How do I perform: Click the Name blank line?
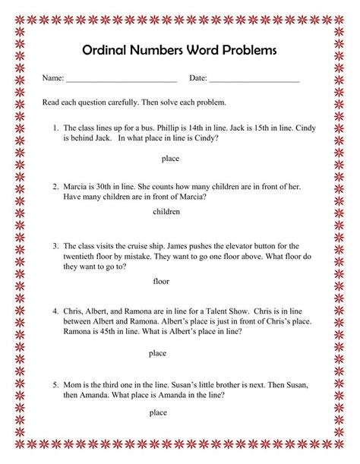pos(121,80)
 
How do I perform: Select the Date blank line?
pos(254,80)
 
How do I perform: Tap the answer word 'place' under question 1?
pos(169,159)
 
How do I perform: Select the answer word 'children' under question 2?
pos(166,212)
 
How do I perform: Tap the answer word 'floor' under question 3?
pos(161,281)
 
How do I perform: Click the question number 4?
pos(55,311)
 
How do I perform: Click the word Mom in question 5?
pos(72,384)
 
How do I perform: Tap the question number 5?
pos(55,384)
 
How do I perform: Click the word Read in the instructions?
pos(50,102)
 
